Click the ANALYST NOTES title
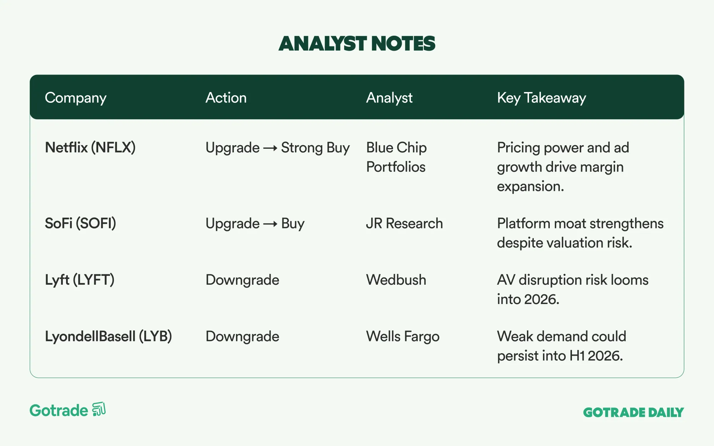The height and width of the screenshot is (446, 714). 357,44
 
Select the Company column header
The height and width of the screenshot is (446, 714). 76,98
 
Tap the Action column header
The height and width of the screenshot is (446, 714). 226,98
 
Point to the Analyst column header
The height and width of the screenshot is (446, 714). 389,98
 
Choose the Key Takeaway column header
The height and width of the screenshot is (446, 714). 542,98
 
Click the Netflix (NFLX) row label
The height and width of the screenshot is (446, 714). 90,148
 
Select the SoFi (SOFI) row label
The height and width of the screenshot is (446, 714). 80,223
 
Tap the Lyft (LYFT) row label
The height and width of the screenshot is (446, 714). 80,280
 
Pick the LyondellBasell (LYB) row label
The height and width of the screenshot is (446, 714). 109,336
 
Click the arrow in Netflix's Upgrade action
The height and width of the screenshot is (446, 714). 270,148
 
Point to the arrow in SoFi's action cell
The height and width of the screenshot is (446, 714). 270,224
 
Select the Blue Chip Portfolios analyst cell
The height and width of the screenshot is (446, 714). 396,157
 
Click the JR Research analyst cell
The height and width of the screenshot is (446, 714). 404,223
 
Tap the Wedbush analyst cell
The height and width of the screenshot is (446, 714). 396,280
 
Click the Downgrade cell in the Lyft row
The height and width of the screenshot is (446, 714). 242,280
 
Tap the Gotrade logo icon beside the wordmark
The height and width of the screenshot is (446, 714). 99,409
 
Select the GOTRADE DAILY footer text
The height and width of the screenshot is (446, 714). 633,412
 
